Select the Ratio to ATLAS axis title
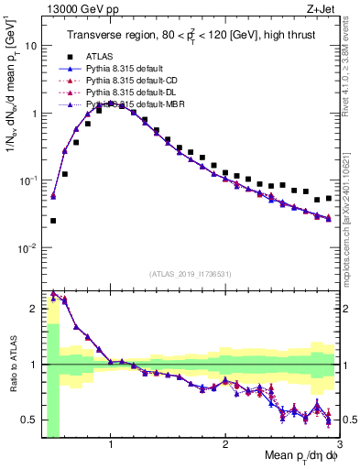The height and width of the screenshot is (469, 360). [12, 365]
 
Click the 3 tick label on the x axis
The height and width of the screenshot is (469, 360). [339, 444]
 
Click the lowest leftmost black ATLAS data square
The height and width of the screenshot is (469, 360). [53, 221]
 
